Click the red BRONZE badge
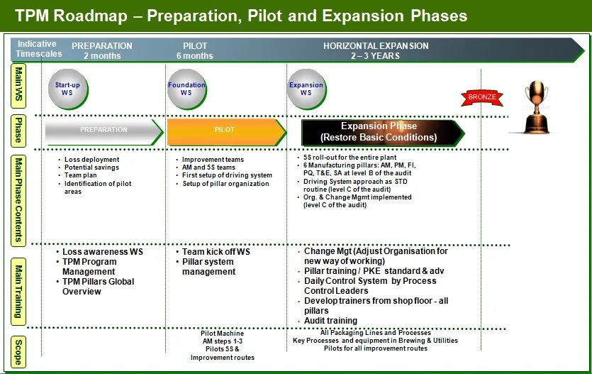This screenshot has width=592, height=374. tap(482, 96)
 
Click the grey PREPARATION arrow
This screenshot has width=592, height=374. tap(104, 131)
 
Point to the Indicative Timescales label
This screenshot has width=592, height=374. tap(37, 49)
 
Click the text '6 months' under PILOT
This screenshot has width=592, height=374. tap(194, 56)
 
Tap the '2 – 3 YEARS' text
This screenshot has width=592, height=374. tap(376, 56)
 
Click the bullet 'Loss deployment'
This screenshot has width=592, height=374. tap(91, 160)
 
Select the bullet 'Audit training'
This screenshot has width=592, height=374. tap(330, 321)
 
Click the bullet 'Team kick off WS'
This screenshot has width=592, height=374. tap(213, 252)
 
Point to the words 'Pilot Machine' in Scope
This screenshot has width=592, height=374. tap(222, 334)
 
